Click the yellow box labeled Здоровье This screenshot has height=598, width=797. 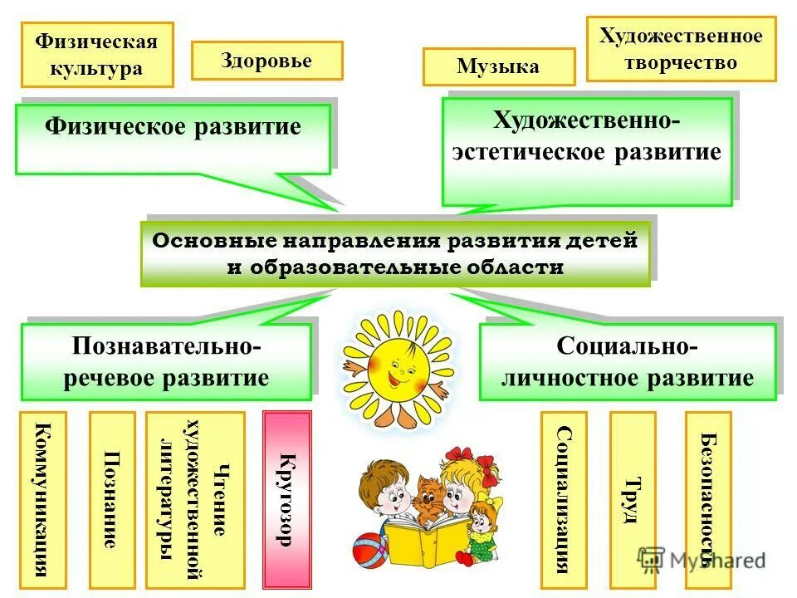coord(266,61)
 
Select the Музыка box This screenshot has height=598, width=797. coord(498,66)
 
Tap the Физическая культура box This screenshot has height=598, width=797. coord(97,55)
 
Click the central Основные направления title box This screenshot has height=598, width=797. coord(395,254)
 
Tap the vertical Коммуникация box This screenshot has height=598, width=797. coord(42,499)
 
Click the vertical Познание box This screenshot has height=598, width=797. coord(111,499)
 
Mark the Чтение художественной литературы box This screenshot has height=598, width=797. coord(195,499)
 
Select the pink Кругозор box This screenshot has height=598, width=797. coord(286,499)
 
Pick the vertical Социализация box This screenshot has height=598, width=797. coord(564,499)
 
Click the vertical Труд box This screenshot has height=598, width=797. coord(633,499)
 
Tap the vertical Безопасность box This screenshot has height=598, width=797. coord(708,499)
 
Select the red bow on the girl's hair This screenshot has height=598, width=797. coord(459,454)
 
